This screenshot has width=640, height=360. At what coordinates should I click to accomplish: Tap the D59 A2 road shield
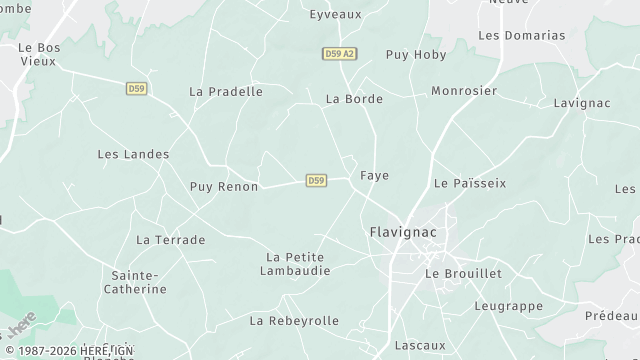pyautogui.click(x=340, y=54)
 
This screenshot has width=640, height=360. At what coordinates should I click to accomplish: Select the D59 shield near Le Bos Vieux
pyautogui.click(x=137, y=89)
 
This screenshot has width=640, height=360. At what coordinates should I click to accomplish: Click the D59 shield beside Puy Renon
pyautogui.click(x=316, y=180)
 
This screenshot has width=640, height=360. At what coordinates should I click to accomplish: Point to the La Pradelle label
pyautogui.click(x=226, y=91)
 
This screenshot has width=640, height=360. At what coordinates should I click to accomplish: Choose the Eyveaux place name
pyautogui.click(x=335, y=14)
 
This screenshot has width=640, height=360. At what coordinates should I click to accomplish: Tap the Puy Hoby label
pyautogui.click(x=416, y=55)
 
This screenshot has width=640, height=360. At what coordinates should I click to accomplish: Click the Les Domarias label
pyautogui.click(x=521, y=35)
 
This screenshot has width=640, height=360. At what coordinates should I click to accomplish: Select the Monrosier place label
pyautogui.click(x=464, y=91)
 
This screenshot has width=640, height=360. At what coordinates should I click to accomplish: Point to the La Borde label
pyautogui.click(x=355, y=99)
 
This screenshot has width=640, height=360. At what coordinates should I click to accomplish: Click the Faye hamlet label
pyautogui.click(x=374, y=175)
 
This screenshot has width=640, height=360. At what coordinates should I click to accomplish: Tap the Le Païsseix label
pyautogui.click(x=470, y=183)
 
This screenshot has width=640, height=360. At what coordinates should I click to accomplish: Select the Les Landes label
pyautogui.click(x=133, y=154)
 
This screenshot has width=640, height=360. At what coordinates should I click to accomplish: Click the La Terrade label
pyautogui.click(x=170, y=240)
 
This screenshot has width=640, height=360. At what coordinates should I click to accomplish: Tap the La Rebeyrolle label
pyautogui.click(x=294, y=321)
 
